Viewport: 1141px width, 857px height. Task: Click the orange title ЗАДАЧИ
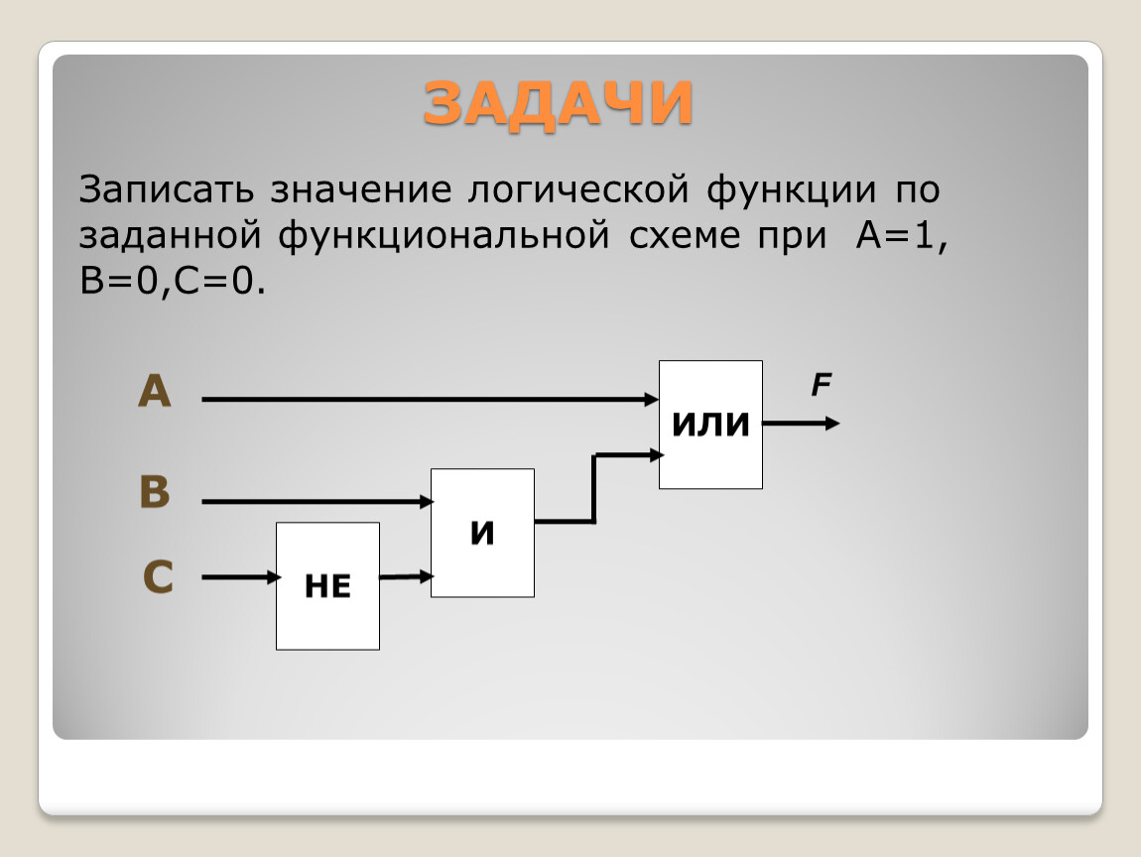pos(558,103)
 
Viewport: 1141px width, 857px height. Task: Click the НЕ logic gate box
pos(327,585)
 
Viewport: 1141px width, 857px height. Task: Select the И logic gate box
pos(482,533)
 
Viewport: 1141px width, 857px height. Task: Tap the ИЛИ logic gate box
pos(711,425)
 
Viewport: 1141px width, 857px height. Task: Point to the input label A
pos(154,391)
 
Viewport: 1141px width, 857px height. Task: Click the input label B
pos(154,492)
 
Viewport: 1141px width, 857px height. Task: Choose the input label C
pos(158,577)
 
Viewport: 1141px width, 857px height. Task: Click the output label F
pos(821,384)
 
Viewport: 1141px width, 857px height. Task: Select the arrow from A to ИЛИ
pos(430,400)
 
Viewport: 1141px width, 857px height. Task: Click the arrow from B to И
pos(317,501)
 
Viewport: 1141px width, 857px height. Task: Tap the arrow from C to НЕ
pos(241,577)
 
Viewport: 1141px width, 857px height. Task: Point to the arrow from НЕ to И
pos(406,577)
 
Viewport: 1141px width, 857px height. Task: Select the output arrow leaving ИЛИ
pos(801,423)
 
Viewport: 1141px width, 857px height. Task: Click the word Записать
pos(166,189)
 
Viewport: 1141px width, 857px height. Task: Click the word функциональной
pos(444,237)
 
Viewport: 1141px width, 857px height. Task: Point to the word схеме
pos(685,236)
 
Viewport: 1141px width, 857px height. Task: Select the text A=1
pos(902,236)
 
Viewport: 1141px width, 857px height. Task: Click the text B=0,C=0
pos(173,281)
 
